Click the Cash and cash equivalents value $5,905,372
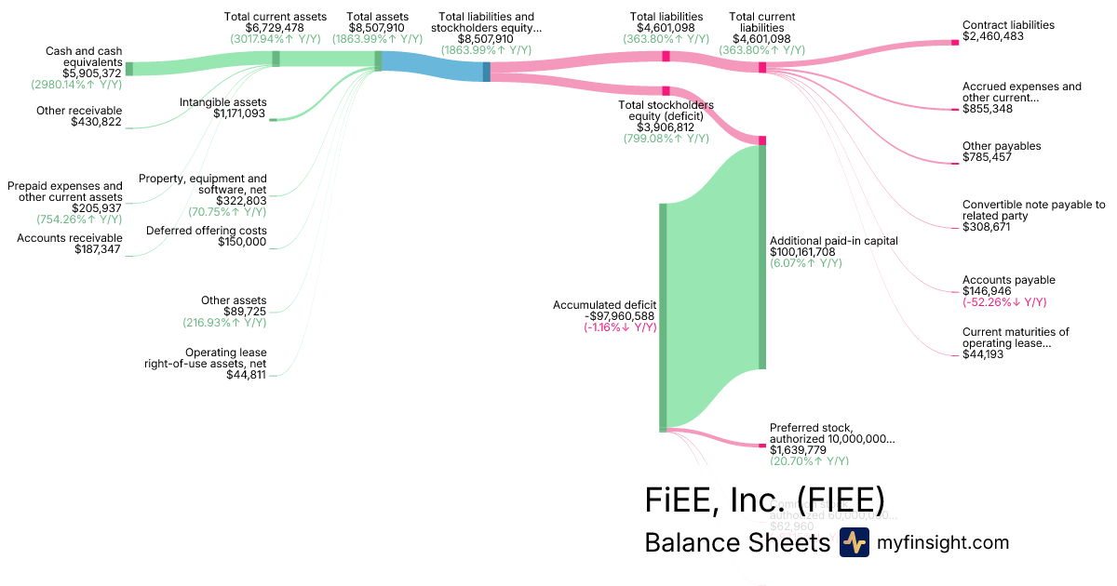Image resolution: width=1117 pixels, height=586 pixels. coord(92,73)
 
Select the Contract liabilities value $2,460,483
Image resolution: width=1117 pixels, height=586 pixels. coord(994,36)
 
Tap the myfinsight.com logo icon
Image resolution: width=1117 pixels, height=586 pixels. coord(855,542)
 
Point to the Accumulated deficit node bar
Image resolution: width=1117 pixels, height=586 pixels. coord(664,316)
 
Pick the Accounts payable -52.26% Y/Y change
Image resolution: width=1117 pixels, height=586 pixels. coord(1004,302)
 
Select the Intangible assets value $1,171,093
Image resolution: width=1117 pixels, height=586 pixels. coord(239,113)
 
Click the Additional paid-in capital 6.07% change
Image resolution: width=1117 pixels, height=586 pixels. coord(805,263)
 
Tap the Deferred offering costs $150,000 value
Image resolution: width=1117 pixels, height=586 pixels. coord(242,242)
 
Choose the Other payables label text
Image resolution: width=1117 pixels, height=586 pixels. coord(1002,146)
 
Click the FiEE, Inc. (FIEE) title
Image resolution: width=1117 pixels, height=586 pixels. coord(763,499)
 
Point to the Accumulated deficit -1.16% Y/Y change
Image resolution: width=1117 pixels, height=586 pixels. coord(621,327)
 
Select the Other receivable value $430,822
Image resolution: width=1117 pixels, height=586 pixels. coord(96,122)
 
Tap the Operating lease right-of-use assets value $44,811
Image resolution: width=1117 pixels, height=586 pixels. coord(247,375)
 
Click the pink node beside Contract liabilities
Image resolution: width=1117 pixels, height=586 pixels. coord(955,42)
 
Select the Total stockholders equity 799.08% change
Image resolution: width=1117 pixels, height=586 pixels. coord(666,138)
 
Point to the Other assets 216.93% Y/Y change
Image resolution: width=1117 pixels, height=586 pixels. coord(224,323)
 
